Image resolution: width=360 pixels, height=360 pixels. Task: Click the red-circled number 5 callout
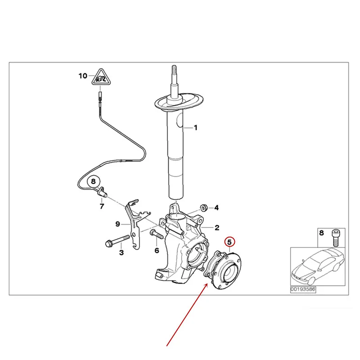click(x=230, y=242)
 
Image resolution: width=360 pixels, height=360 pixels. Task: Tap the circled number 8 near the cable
click(x=94, y=181)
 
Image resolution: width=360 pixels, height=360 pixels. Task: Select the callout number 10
click(x=83, y=76)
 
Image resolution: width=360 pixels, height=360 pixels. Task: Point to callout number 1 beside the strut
click(x=196, y=128)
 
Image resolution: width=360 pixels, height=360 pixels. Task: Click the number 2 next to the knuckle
click(x=217, y=228)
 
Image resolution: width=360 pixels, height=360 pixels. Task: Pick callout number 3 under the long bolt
click(x=121, y=252)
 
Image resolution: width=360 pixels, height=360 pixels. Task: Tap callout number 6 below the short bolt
click(x=157, y=250)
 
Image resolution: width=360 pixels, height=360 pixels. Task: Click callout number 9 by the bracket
click(x=117, y=224)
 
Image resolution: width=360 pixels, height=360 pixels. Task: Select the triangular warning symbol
click(x=101, y=77)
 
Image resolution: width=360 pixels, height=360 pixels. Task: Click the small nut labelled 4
click(x=204, y=207)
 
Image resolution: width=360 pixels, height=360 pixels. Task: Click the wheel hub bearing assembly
click(x=223, y=270)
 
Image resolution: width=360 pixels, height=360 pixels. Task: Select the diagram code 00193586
click(x=303, y=289)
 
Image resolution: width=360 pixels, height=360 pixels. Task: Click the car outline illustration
click(x=318, y=266)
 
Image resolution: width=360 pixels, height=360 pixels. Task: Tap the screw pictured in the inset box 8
click(x=336, y=238)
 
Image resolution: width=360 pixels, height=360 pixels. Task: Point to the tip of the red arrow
click(x=208, y=284)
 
